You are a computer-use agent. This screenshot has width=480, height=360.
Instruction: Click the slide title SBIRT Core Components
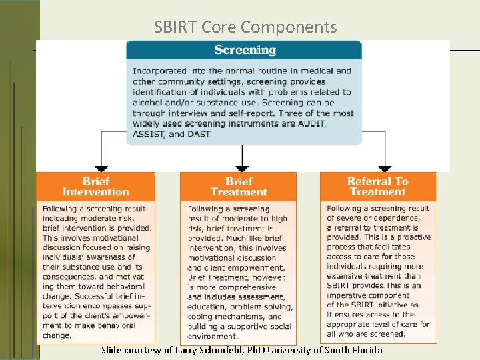pos(245,27)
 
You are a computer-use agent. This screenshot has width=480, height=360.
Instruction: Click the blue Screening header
pos(245,50)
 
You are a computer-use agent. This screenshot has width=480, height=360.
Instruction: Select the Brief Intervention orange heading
pos(95,187)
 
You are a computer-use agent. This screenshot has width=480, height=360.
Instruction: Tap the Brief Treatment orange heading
pos(239,187)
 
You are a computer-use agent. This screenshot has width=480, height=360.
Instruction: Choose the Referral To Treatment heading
pos(378,186)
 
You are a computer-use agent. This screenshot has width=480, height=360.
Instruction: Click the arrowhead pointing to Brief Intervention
pos(101,168)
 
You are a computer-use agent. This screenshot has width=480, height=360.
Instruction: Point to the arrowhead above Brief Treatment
pos(242,168)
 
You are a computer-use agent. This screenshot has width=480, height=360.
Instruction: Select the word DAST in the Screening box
pos(199,134)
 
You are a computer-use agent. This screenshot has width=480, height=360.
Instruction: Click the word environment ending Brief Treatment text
pos(213,337)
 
